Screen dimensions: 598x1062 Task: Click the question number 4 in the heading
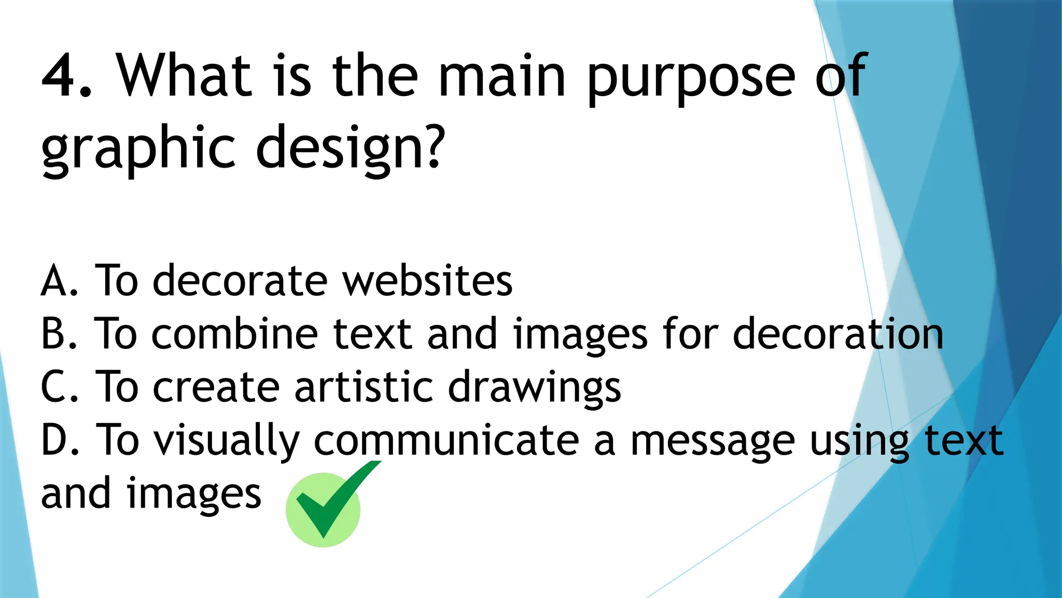tap(61, 76)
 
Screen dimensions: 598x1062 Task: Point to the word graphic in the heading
tap(138, 149)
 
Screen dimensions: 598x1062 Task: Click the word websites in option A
tap(428, 281)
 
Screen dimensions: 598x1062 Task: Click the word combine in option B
tap(235, 334)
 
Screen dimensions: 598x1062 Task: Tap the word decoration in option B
tap(838, 334)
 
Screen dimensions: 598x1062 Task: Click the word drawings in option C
tap(534, 389)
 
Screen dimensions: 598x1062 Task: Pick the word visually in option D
tap(228, 441)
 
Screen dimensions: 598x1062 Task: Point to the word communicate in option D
tap(446, 440)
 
